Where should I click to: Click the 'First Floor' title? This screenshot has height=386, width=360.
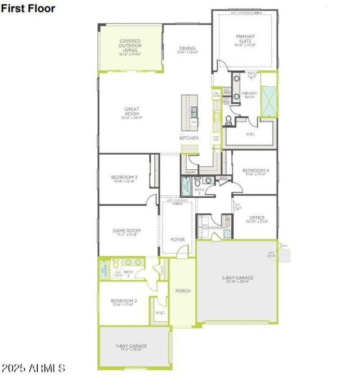tap(28, 8)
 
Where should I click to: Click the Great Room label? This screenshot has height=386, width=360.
tap(132, 113)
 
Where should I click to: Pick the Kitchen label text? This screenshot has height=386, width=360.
tap(189, 138)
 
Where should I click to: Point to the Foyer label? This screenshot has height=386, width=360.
tap(178, 240)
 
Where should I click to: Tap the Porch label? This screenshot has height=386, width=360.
tap(183, 291)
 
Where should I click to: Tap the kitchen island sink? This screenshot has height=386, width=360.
tap(194, 111)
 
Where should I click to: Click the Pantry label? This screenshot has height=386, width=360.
tap(190, 172)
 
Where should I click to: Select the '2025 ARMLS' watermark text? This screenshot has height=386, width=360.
tap(34, 368)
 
